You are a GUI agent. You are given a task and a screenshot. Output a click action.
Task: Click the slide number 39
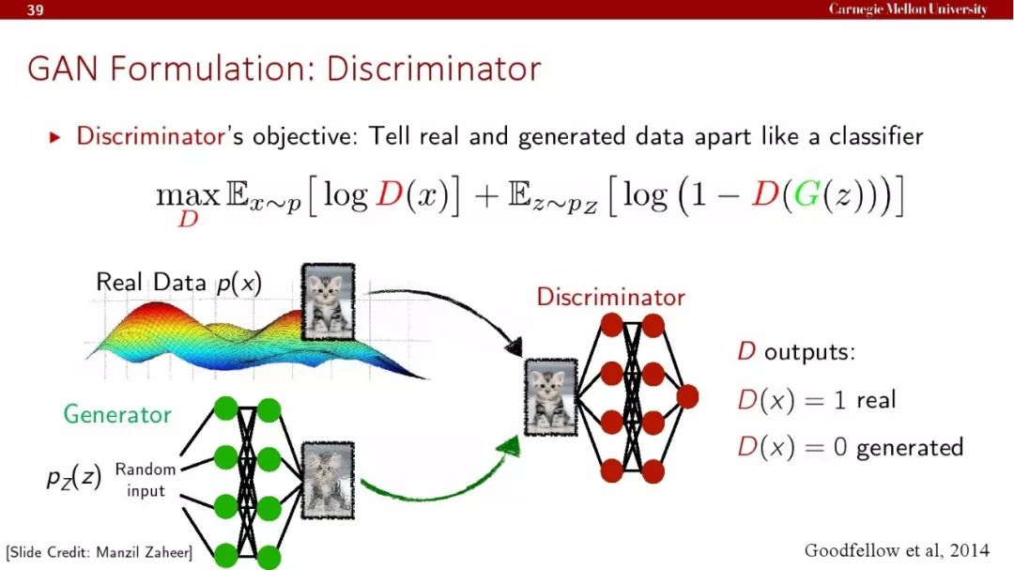click(36, 9)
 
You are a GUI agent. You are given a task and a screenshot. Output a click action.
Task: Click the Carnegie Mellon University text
click(908, 9)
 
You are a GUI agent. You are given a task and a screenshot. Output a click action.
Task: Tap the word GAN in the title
click(62, 69)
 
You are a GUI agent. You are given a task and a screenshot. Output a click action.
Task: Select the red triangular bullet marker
click(55, 137)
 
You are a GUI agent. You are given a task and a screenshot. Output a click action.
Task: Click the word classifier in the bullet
click(876, 136)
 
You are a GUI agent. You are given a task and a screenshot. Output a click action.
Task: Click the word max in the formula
click(188, 194)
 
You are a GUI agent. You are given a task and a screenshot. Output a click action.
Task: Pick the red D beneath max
click(188, 220)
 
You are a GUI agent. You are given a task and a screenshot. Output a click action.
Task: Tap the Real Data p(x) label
click(178, 283)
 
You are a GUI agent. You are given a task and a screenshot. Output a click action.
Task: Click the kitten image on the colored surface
click(328, 301)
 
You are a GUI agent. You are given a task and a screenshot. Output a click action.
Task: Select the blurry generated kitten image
click(328, 480)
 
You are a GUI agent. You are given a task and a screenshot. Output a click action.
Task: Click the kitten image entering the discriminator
click(550, 396)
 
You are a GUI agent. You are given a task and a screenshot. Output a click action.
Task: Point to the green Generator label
click(117, 414)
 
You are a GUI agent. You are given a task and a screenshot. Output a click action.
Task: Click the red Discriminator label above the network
click(610, 297)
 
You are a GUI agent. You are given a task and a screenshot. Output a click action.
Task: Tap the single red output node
click(687, 396)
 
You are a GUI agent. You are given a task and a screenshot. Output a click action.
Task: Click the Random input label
click(146, 480)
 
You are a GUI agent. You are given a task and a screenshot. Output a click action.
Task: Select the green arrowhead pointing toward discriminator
click(510, 446)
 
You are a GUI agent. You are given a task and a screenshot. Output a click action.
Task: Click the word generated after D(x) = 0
click(909, 448)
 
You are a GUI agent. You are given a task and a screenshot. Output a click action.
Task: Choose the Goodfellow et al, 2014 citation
click(897, 550)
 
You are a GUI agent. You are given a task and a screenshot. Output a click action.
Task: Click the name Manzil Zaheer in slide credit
click(143, 552)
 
